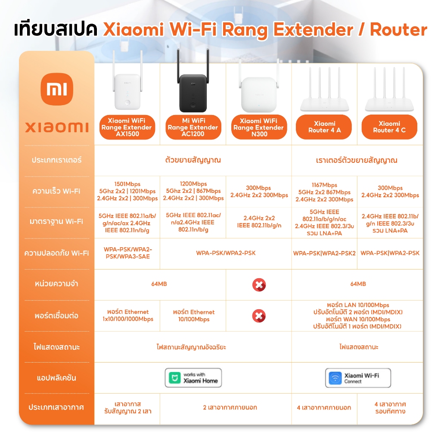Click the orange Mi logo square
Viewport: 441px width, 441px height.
[x=57, y=89]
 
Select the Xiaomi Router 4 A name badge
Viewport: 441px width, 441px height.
[x=324, y=127]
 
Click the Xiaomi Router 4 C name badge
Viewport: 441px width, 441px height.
[x=389, y=127]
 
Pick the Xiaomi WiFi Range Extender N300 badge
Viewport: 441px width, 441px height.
[x=259, y=127]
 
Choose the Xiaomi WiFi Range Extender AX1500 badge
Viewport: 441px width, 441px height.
[x=127, y=127]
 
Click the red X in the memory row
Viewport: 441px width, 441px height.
[x=259, y=285]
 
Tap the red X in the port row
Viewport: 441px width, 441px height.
[x=259, y=316]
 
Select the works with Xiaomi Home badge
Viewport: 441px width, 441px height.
[x=193, y=378]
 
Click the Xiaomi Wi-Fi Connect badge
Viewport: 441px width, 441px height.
[x=358, y=378]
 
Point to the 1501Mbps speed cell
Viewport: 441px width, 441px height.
[x=127, y=191]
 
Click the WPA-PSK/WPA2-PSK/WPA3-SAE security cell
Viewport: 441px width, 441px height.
[x=127, y=253]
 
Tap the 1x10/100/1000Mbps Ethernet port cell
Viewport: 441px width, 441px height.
[x=127, y=316]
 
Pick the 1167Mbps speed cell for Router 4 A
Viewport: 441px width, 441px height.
[x=324, y=192]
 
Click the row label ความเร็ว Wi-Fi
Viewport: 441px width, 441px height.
[x=56, y=191]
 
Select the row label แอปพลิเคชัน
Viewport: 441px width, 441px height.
[x=56, y=378]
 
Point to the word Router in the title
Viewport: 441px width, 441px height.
[x=398, y=30]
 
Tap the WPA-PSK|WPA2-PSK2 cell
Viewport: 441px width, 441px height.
[x=324, y=253]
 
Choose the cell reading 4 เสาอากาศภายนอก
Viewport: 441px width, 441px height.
[x=324, y=407]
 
